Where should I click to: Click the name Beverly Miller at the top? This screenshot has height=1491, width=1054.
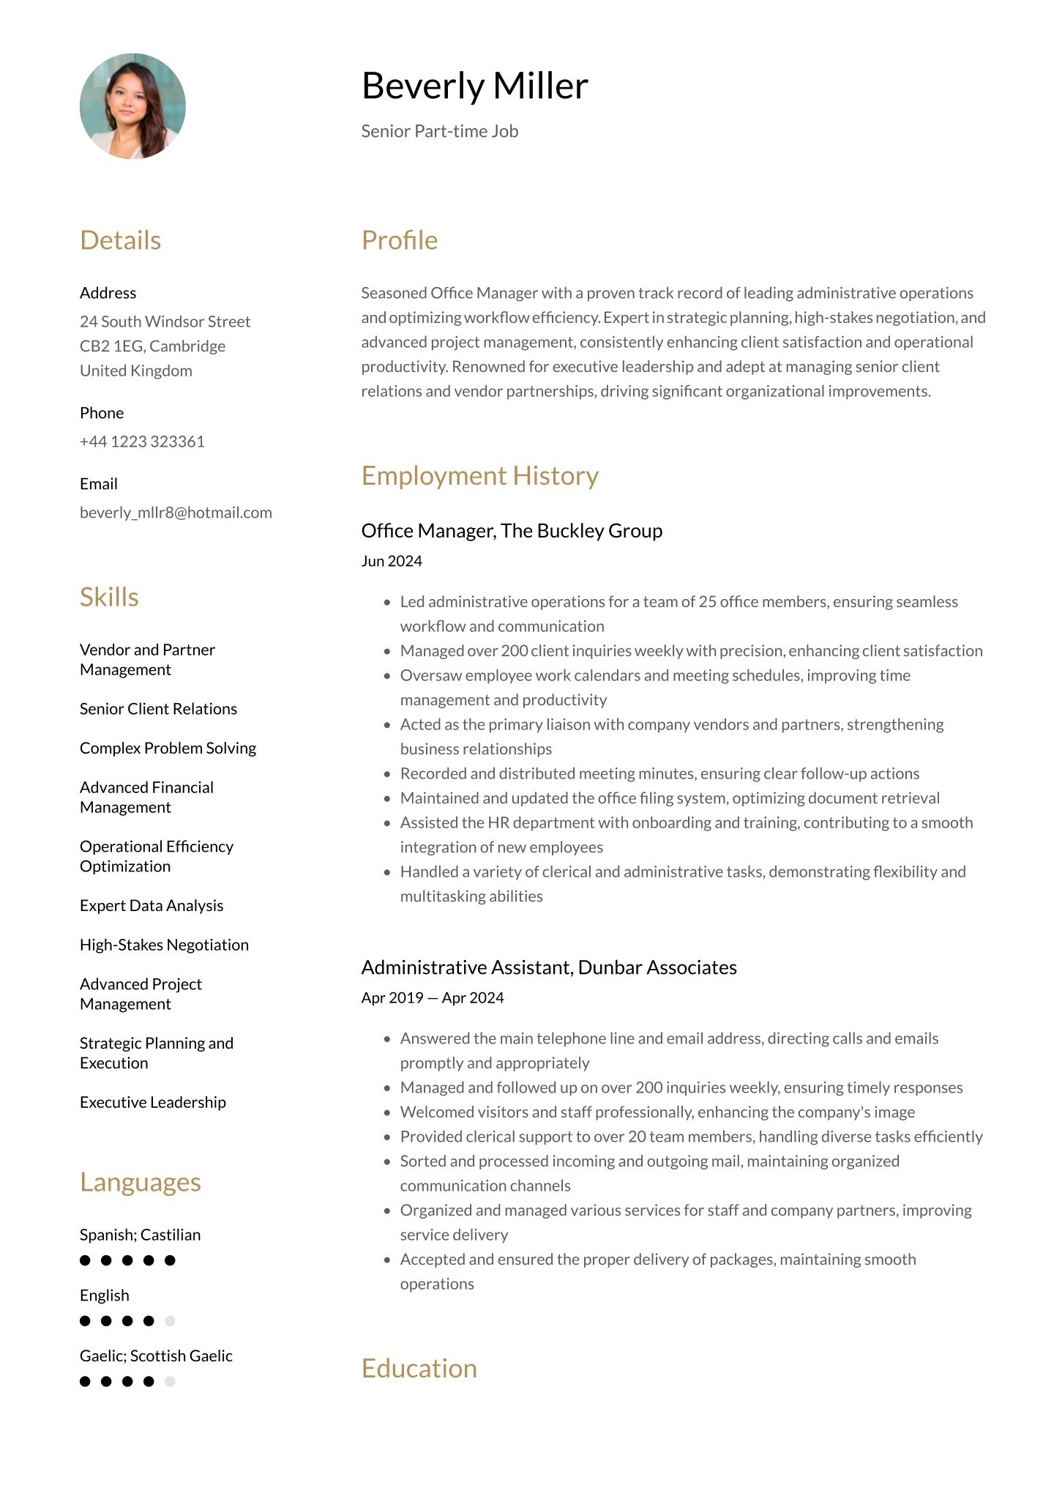tap(474, 86)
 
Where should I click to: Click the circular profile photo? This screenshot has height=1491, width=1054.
tap(132, 106)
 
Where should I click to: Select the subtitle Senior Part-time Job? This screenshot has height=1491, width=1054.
tap(439, 131)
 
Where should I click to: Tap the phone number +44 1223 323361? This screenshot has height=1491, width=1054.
tap(142, 442)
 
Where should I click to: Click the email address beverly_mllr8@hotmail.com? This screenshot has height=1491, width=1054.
tap(176, 513)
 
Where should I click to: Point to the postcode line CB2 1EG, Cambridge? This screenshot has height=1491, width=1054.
tap(152, 346)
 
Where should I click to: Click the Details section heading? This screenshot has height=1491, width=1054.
tap(120, 240)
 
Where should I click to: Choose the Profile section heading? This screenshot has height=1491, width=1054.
tap(399, 240)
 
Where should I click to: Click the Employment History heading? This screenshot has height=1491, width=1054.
tap(479, 476)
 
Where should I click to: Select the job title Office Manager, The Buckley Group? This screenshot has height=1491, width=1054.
tap(512, 531)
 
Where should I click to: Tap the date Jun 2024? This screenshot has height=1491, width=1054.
tap(392, 561)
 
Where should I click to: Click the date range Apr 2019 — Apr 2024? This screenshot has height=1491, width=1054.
tap(432, 998)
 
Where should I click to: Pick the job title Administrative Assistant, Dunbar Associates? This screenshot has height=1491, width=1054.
tap(549, 967)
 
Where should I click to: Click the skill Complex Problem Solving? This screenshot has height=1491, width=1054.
tap(168, 748)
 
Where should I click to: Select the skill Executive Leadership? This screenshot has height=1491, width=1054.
tap(152, 1102)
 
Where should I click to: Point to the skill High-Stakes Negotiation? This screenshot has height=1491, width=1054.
tap(164, 945)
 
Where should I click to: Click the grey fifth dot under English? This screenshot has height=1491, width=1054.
tap(170, 1321)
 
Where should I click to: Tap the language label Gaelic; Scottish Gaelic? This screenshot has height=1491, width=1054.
tap(156, 1356)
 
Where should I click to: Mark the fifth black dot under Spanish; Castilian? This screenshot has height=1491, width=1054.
tap(170, 1260)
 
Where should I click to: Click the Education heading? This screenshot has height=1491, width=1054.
tap(419, 1369)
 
